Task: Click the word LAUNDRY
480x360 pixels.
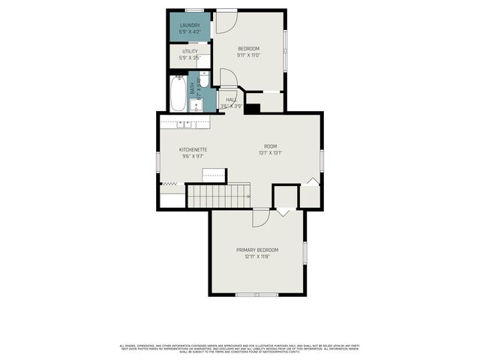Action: pos(189,25)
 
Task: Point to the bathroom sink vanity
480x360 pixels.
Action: pos(196,103)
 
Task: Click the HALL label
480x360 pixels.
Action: pos(232,100)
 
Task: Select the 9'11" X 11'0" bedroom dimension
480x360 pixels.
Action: pos(247,55)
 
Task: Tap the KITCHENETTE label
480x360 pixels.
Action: pos(193,150)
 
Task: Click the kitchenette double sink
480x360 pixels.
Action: pos(184,122)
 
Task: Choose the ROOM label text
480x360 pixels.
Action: pos(270,145)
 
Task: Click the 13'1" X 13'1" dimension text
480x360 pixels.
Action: pos(270,152)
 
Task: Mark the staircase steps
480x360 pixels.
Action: pos(218,196)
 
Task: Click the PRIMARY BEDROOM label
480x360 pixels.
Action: pos(257,250)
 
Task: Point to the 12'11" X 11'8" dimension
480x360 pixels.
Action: pos(257,256)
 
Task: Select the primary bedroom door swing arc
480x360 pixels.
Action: pos(261,217)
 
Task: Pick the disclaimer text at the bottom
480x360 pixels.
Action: pos(240,348)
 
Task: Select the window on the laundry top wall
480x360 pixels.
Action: pos(194,10)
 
